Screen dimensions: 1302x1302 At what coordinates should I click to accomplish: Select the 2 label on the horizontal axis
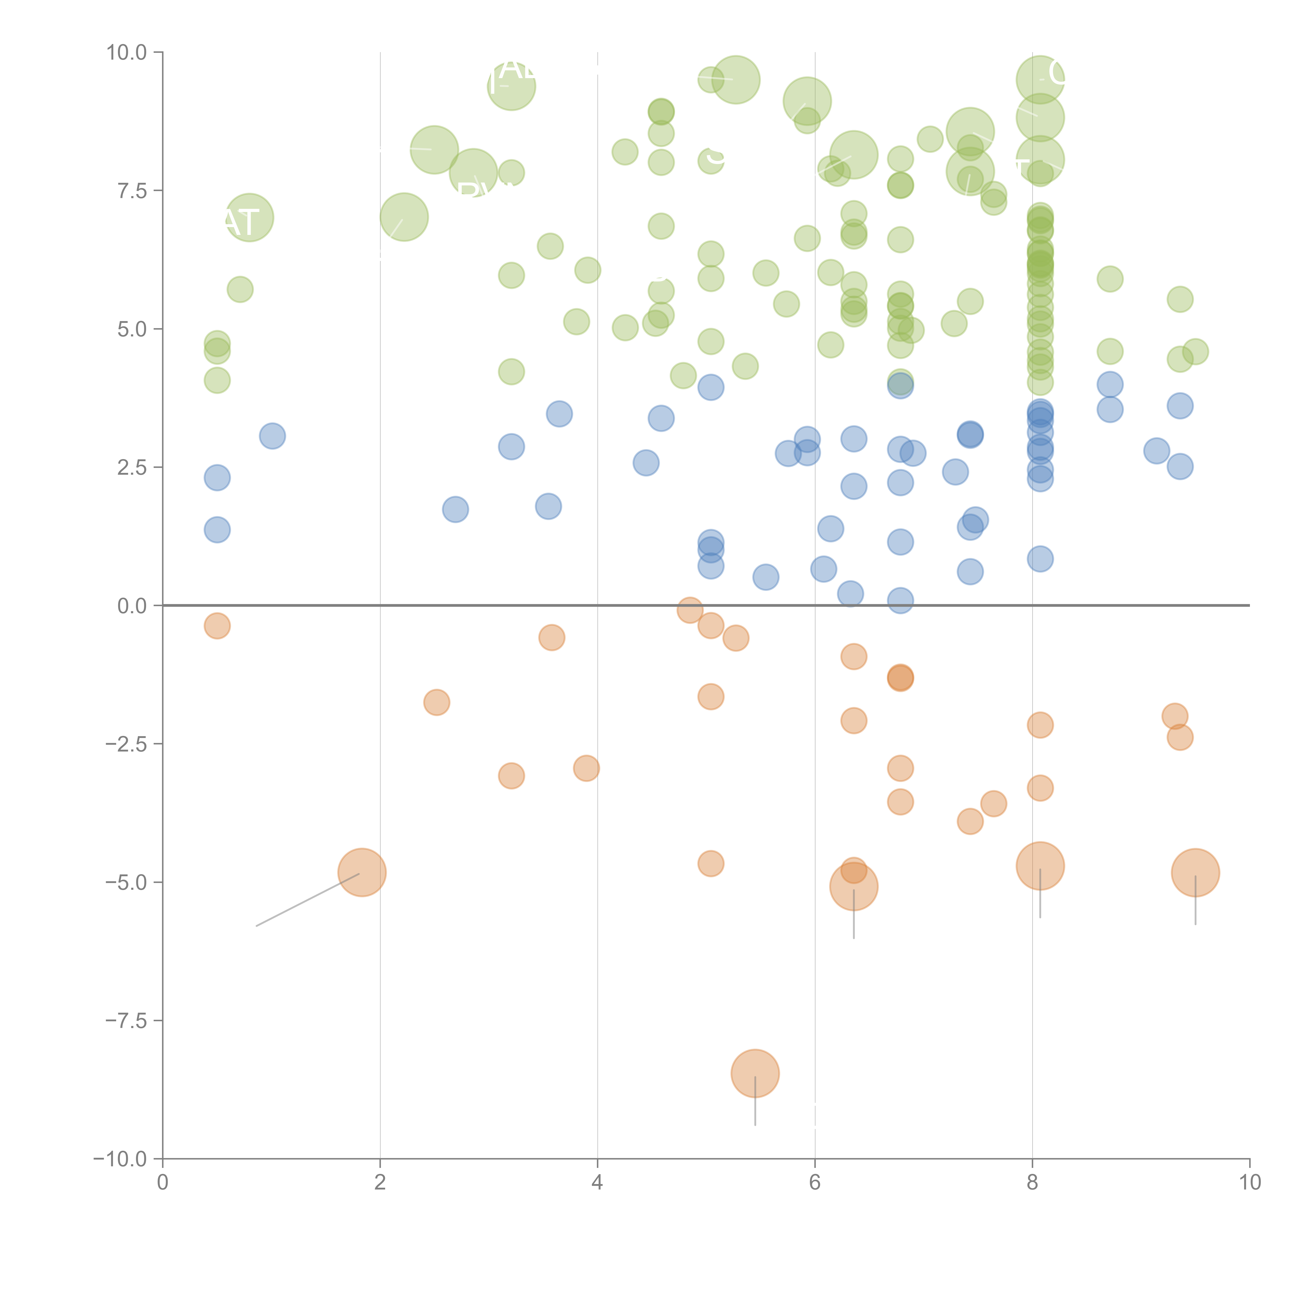point(380,1183)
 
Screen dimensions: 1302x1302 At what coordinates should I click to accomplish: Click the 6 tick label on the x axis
point(815,1183)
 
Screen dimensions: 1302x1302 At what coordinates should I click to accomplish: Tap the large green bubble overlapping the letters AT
point(249,217)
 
